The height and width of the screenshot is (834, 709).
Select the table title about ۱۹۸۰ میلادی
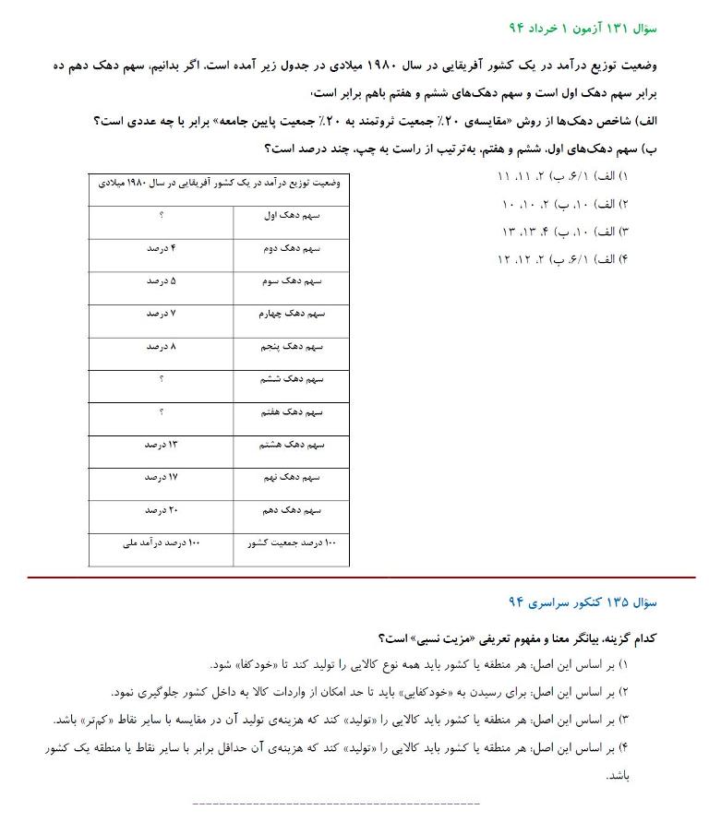pyautogui.click(x=220, y=183)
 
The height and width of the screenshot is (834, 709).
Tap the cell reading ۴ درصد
pyautogui.click(x=161, y=248)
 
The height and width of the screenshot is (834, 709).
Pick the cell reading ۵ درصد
pyautogui.click(x=161, y=280)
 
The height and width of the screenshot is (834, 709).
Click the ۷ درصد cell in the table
pyautogui.click(x=161, y=314)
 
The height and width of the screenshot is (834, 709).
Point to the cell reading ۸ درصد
pyautogui.click(x=161, y=346)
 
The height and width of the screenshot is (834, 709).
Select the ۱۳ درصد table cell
pyautogui.click(x=161, y=445)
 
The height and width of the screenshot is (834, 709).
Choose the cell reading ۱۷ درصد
pyautogui.click(x=161, y=477)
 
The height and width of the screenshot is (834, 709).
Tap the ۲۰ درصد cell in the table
pyautogui.click(x=161, y=510)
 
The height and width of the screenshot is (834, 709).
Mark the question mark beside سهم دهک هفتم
pyautogui.click(x=161, y=411)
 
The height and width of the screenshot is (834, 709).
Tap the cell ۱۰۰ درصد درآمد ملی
pyautogui.click(x=161, y=543)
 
